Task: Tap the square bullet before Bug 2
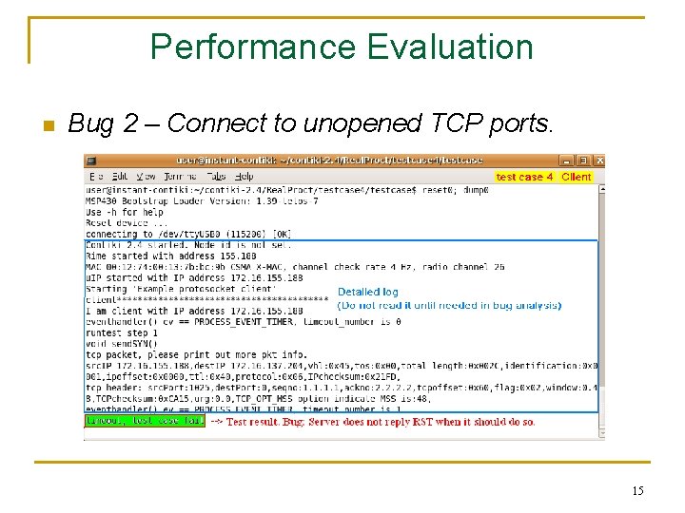click(48, 125)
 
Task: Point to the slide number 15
click(637, 490)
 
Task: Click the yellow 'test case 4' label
click(524, 177)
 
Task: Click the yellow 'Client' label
click(577, 177)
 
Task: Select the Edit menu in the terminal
click(120, 177)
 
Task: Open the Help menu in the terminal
click(245, 177)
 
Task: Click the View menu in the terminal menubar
click(146, 177)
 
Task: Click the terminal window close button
click(597, 161)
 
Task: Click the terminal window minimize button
click(567, 161)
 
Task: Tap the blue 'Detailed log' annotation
click(368, 293)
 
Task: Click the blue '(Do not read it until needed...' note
click(449, 306)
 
